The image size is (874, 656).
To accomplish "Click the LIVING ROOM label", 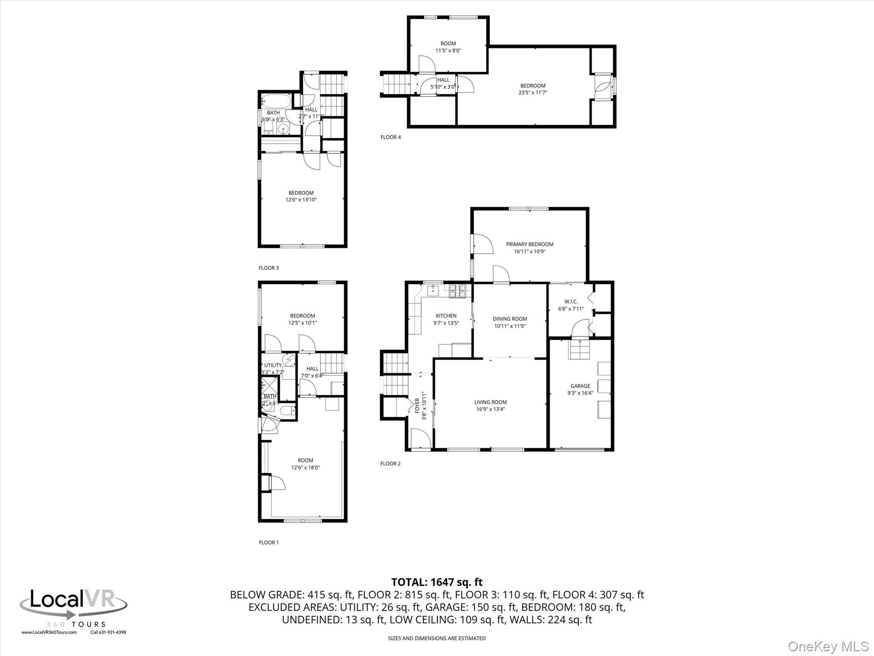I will [490, 402].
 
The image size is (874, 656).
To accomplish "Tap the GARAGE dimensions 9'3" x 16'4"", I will [580, 393].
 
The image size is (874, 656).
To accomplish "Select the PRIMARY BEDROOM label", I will [530, 244].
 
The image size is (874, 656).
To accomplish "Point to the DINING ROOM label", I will [510, 319].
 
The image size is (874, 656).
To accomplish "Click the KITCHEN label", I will [446, 316].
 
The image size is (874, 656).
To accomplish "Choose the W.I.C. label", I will [571, 302].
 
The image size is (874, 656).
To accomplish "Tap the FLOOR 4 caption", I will [390, 137].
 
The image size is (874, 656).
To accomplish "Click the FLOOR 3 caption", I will [268, 268].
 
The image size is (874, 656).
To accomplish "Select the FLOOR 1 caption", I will [268, 542].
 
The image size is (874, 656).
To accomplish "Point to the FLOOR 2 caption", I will [390, 463].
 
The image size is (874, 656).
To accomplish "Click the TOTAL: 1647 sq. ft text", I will [437, 582].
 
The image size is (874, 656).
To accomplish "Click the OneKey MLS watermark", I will [828, 646].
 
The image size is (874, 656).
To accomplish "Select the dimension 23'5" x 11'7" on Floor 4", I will [533, 93].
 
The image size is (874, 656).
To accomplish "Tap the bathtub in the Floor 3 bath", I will [276, 102].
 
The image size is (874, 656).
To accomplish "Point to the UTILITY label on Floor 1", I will [273, 365].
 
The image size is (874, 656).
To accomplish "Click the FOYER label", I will [417, 406].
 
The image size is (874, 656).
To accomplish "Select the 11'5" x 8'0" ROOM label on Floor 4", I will [448, 44].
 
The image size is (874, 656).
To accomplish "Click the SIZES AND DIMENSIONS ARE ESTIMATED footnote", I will [437, 638].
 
